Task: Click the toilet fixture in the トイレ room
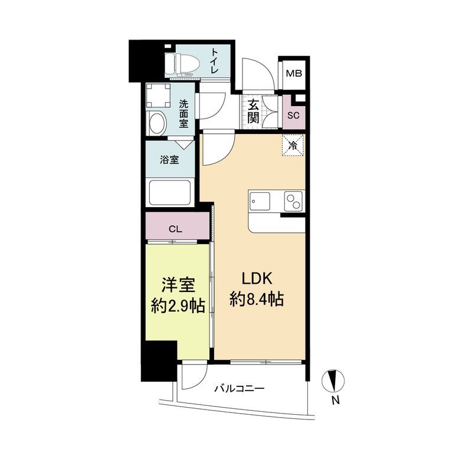point(182,64)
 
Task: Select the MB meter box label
point(294,73)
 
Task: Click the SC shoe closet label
point(293,115)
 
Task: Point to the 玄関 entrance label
point(253,111)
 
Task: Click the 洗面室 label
point(183,114)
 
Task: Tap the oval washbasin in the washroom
point(156,123)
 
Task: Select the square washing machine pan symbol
point(158,95)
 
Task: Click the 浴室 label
point(169,160)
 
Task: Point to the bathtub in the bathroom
point(170,193)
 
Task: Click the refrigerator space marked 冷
point(292,145)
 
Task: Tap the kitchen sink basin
point(259,202)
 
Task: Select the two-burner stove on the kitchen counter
point(293,201)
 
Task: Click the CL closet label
point(175,229)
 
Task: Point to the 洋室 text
point(179,285)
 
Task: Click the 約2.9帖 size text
point(178,306)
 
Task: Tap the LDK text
point(257,278)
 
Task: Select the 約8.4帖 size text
point(257,300)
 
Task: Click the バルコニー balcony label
point(240,389)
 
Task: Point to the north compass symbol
point(333,381)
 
